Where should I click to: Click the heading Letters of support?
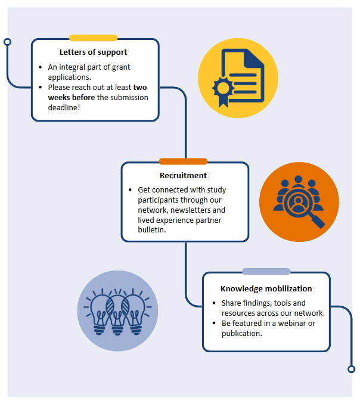(x=93, y=52)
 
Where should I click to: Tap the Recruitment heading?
(x=184, y=175)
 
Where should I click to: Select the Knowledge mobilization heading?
(x=266, y=288)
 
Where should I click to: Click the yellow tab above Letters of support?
(x=93, y=38)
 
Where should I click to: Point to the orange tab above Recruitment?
(x=183, y=161)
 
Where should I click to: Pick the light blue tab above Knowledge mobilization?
(x=266, y=272)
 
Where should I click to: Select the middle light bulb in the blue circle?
(x=118, y=311)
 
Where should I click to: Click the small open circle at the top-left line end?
(x=7, y=42)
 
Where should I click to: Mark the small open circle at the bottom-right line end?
(x=351, y=369)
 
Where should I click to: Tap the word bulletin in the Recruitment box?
(x=151, y=231)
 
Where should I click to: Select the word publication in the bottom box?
(x=241, y=333)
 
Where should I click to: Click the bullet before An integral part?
(x=39, y=67)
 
